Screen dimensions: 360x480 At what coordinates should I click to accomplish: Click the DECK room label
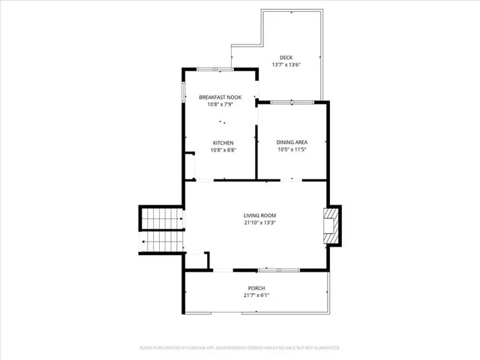click(x=286, y=58)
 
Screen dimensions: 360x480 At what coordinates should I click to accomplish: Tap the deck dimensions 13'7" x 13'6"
click(x=286, y=65)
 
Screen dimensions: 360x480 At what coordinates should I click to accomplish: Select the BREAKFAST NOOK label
click(x=220, y=97)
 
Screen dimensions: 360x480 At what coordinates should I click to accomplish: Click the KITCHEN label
click(x=223, y=142)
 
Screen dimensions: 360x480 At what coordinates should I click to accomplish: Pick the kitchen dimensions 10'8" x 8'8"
click(x=223, y=150)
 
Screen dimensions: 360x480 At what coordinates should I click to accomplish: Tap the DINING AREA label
click(x=292, y=142)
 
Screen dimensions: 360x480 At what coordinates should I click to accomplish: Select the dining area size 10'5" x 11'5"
click(x=292, y=150)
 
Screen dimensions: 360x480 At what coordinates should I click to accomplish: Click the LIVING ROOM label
click(x=259, y=215)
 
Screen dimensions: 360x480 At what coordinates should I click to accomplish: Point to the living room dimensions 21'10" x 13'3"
click(x=259, y=223)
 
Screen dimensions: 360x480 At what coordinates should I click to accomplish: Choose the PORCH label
click(x=256, y=288)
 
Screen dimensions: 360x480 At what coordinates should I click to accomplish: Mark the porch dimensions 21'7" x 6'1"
click(x=256, y=295)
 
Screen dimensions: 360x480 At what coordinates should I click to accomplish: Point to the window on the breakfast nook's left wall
click(x=183, y=94)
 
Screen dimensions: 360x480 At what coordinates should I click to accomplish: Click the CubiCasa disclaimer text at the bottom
click(x=240, y=348)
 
